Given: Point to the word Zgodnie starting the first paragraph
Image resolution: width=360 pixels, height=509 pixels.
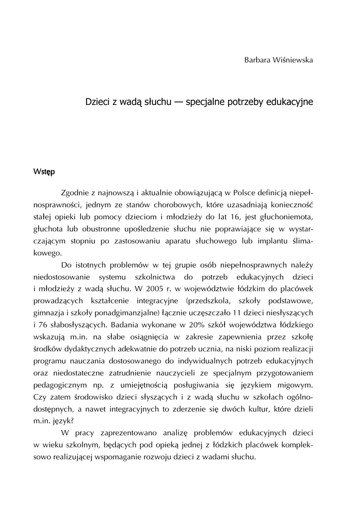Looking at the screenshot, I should [75, 192].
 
